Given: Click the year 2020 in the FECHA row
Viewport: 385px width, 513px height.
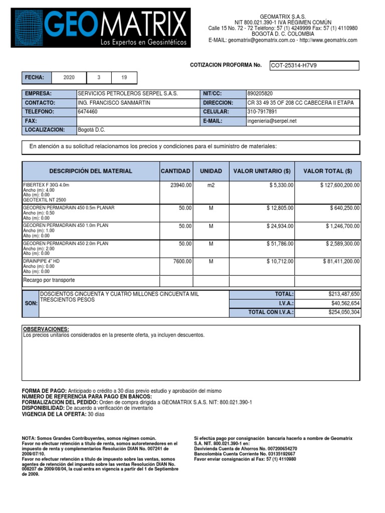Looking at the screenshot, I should click(69, 78).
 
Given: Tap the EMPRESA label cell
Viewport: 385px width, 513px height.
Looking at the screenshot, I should click(49, 94).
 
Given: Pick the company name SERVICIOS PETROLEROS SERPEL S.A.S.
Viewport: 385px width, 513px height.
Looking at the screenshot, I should click(128, 94).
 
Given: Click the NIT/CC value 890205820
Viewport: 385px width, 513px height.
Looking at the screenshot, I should click(261, 94).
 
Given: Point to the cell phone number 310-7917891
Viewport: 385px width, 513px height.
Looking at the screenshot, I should click(262, 112).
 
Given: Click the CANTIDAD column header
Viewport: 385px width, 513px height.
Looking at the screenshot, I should click(175, 171).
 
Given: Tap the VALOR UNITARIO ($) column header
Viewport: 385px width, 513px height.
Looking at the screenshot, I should click(262, 171).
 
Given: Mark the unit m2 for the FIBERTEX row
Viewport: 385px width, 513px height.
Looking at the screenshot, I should click(211, 185).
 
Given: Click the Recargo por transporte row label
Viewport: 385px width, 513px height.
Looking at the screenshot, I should click(49, 280).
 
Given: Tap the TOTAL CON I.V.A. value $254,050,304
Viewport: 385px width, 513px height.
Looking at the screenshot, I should click(341, 312).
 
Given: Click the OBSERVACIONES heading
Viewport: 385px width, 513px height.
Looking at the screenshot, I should click(46, 329).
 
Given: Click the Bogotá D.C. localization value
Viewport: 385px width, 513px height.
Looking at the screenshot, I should click(92, 130).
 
